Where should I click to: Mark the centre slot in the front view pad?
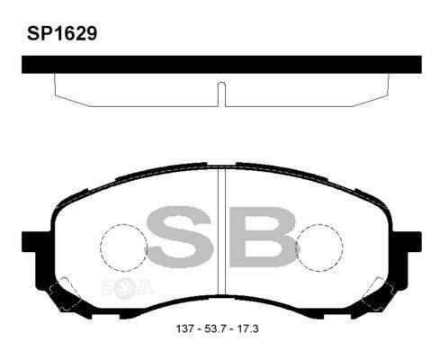[221, 234]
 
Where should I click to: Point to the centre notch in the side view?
[221, 91]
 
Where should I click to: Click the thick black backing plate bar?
[221, 65]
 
